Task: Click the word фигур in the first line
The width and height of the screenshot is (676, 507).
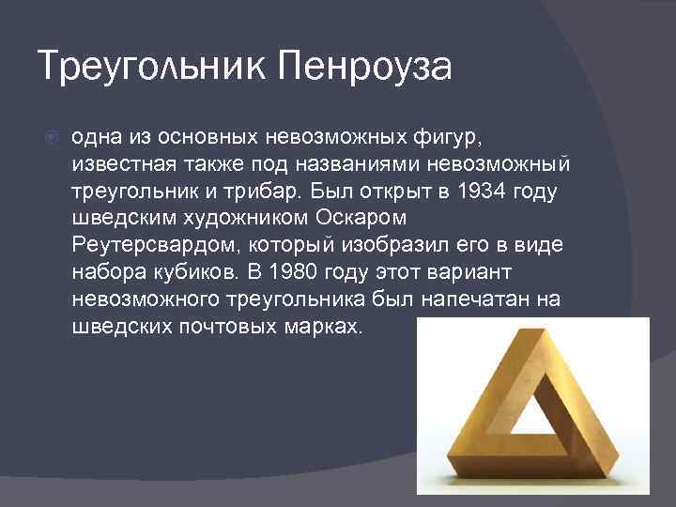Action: [450, 137]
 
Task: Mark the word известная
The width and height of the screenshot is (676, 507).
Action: [116, 164]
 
